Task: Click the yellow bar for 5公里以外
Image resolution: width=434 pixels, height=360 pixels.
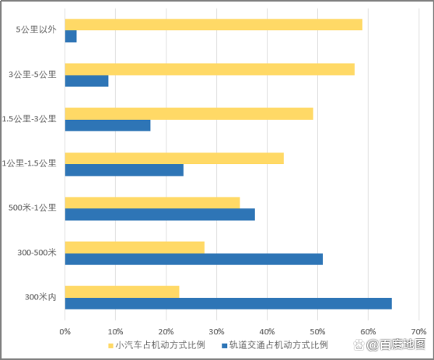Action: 213,25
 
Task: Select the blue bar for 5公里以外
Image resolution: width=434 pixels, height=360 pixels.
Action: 71,37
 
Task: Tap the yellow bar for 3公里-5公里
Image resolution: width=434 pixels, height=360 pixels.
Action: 209,69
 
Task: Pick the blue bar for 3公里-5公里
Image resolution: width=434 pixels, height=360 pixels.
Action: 86,81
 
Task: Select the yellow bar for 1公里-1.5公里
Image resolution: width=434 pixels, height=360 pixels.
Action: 173,159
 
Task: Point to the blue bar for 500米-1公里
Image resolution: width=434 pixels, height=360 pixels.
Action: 159,215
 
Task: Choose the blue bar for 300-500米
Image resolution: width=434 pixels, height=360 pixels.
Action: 193,259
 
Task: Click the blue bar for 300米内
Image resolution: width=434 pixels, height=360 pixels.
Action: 228,303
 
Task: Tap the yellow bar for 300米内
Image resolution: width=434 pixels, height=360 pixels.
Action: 121,292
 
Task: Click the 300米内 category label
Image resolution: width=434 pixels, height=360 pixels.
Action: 40,297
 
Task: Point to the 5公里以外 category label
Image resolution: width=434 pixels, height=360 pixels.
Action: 36,30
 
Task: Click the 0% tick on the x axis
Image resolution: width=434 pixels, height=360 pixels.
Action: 65,330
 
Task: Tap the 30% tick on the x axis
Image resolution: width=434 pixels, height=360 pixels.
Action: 216,330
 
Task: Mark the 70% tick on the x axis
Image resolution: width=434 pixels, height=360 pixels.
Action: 418,330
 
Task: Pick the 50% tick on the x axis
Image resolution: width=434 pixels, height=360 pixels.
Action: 317,330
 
